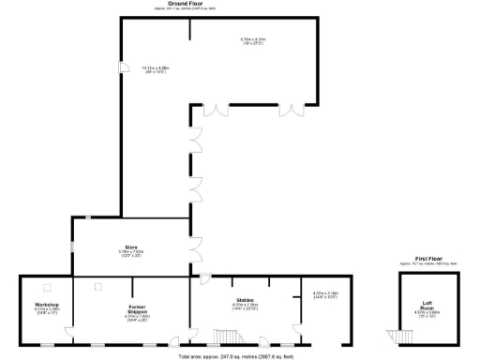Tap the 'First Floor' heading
coord(427,257)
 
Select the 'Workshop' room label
coord(47,305)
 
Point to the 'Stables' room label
coord(246,300)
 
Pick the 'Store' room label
coord(131,247)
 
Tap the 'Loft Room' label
coord(427,304)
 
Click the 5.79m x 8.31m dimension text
coord(252,39)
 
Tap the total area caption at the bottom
coord(234,356)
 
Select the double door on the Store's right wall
coord(197,249)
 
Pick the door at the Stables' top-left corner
coord(203,279)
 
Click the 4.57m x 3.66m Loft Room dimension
coord(427,313)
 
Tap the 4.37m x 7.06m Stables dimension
coord(246,306)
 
